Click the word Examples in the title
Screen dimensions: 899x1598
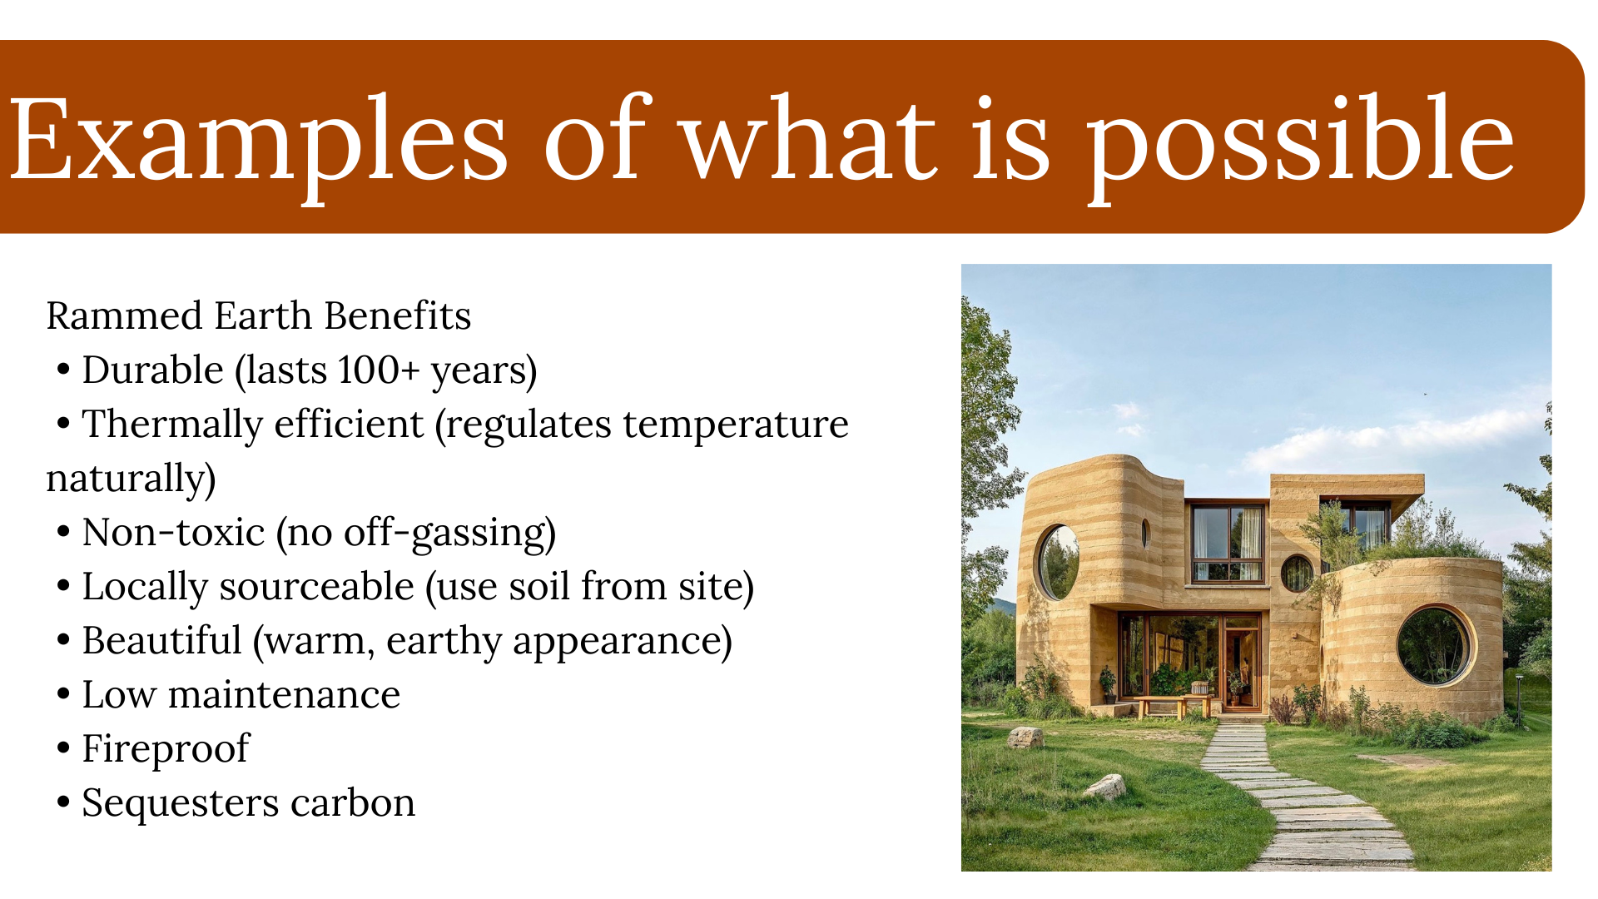[258, 140]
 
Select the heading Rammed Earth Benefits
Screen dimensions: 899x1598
[258, 316]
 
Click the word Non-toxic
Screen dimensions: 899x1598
[173, 533]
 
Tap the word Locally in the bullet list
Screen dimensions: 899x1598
[144, 587]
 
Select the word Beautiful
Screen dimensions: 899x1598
[161, 641]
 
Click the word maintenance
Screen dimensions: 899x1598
[284, 695]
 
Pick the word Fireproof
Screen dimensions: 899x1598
[165, 749]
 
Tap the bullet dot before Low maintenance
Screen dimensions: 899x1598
[63, 694]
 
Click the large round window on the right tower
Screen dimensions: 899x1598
[1433, 645]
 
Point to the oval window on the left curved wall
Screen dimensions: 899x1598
[1058, 562]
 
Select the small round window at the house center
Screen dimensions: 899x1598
[1296, 574]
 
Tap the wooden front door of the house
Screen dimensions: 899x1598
[1242, 666]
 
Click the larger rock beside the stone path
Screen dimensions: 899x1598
[1107, 786]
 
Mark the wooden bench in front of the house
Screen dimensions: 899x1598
[1165, 704]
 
